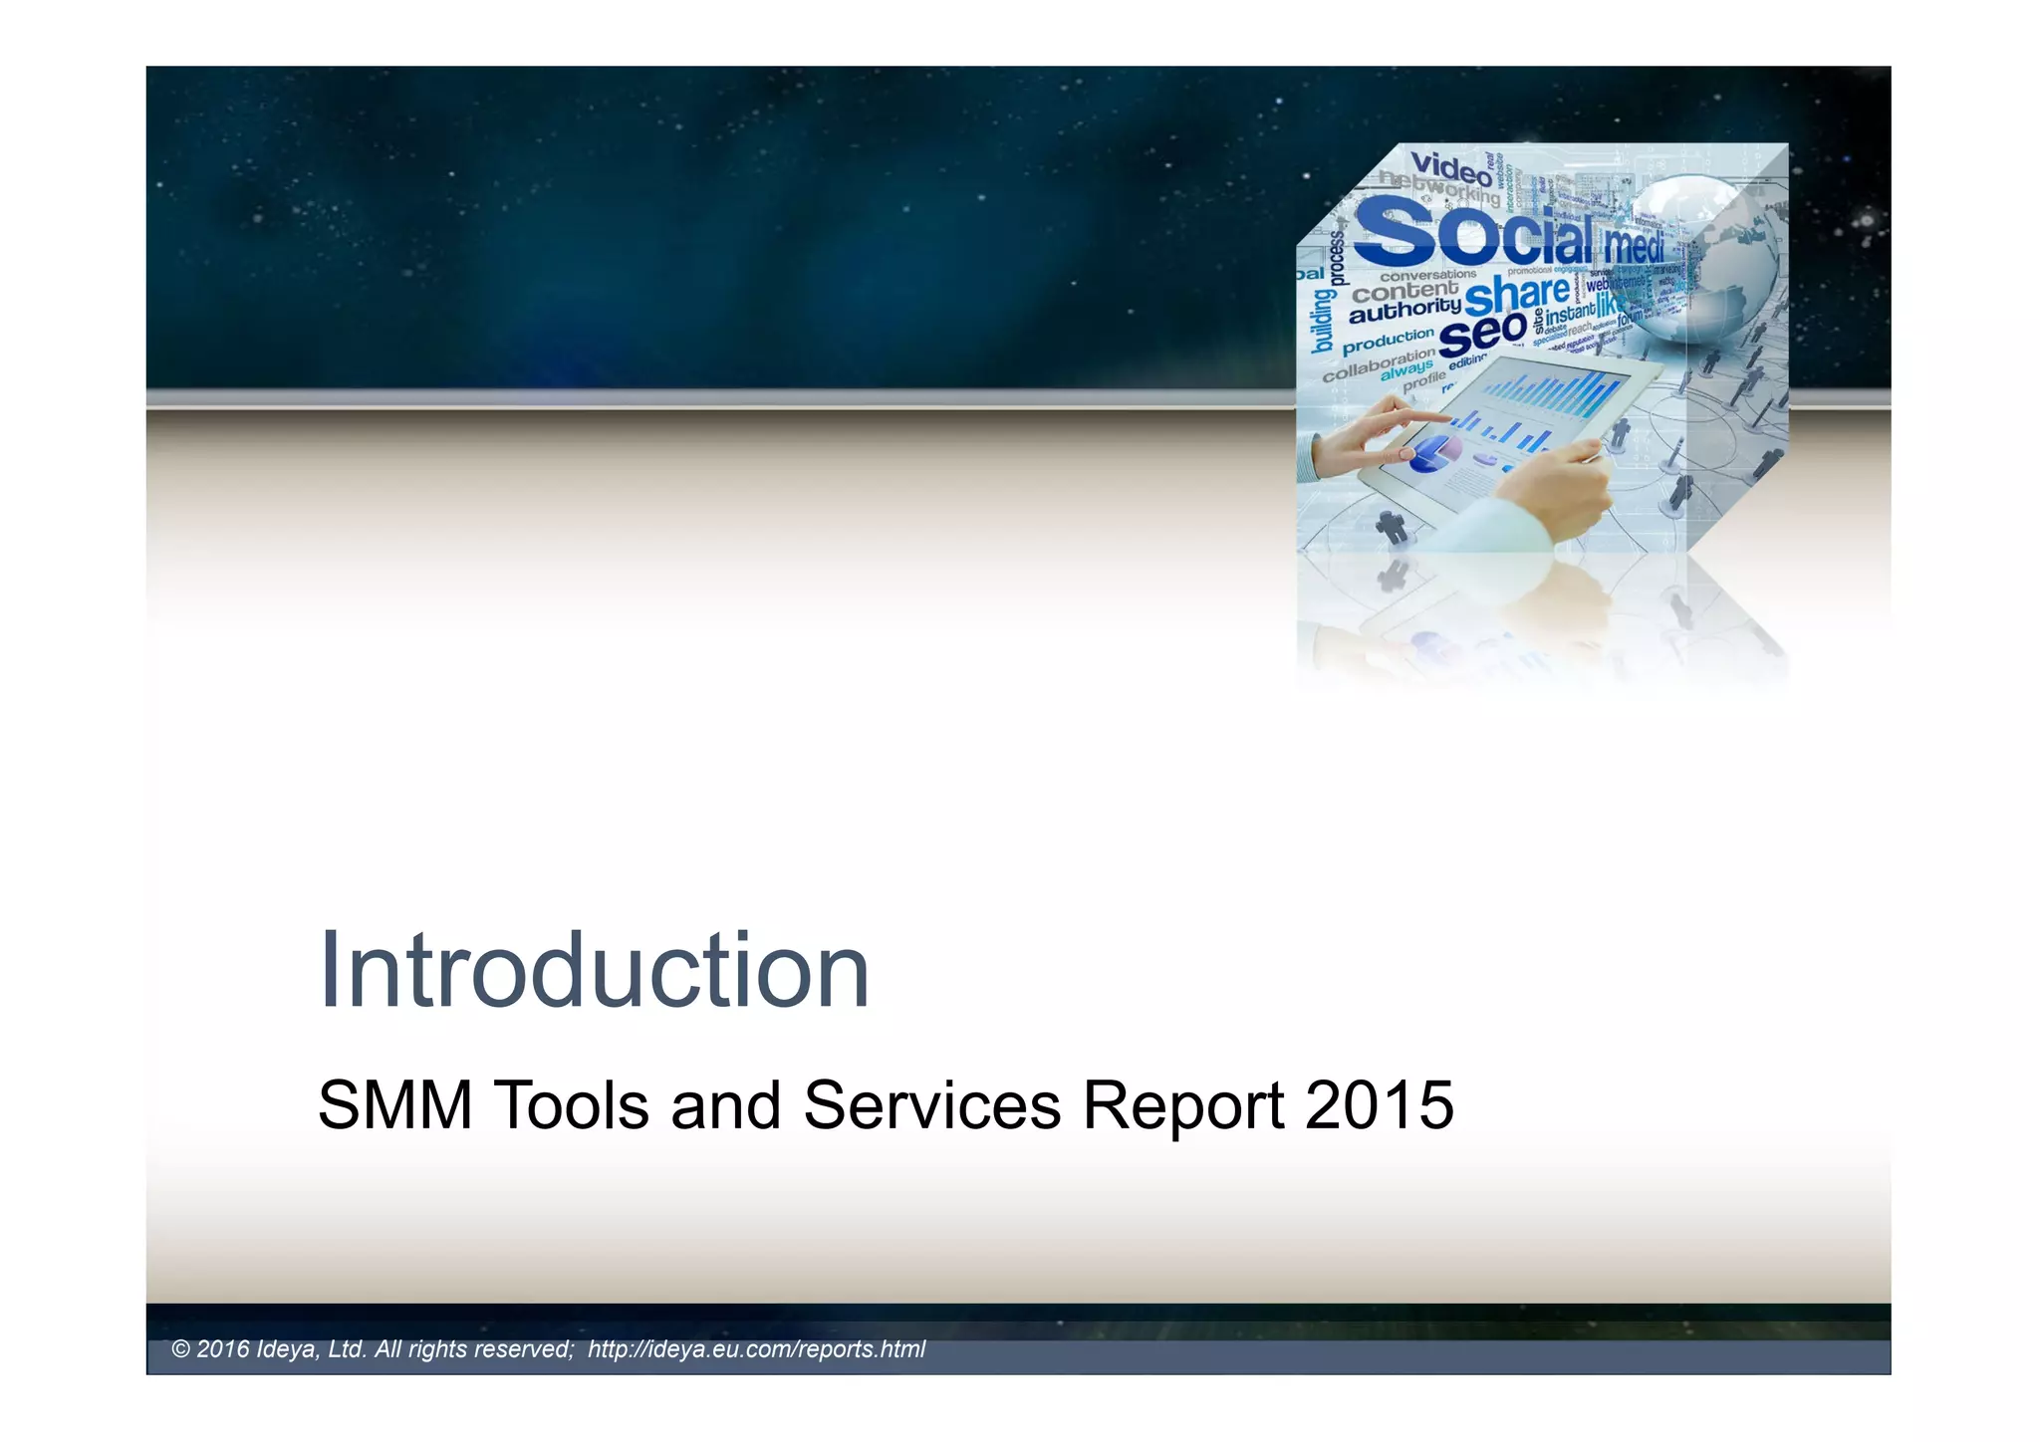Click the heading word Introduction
point(594,971)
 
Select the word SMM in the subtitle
point(394,1105)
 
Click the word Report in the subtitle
point(1183,1107)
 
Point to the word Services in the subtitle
point(931,1105)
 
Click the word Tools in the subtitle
point(571,1105)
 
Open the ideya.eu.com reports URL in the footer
point(756,1349)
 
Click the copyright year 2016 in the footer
point(222,1349)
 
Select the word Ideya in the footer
point(287,1349)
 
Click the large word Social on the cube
point(1474,234)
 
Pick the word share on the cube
point(1516,294)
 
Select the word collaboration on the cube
point(1379,364)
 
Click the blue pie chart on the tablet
point(1432,453)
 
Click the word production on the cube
point(1388,341)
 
